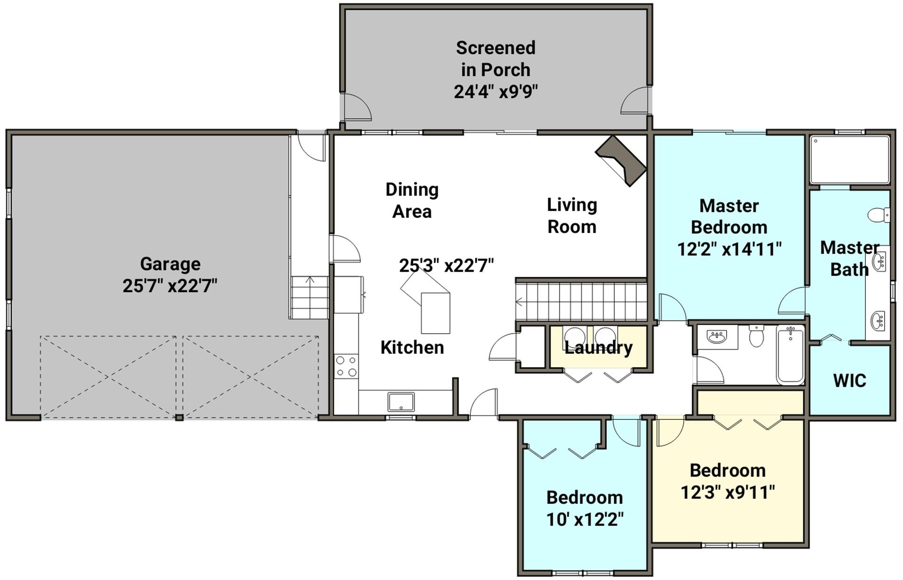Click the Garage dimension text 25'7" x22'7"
point(170,286)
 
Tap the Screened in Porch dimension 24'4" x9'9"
point(496,91)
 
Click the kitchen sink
point(401,402)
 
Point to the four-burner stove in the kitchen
point(346,367)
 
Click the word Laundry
point(598,348)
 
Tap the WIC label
point(849,381)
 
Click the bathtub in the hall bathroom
point(790,355)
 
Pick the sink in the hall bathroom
point(717,336)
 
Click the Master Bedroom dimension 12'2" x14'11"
point(729,249)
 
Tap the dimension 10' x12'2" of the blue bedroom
point(585,519)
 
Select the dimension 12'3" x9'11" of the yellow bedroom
point(728,493)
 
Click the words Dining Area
point(412,201)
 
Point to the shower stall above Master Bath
point(849,160)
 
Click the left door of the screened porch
point(356,107)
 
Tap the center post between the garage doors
point(179,417)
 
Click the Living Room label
point(572,216)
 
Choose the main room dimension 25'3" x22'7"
point(446,266)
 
